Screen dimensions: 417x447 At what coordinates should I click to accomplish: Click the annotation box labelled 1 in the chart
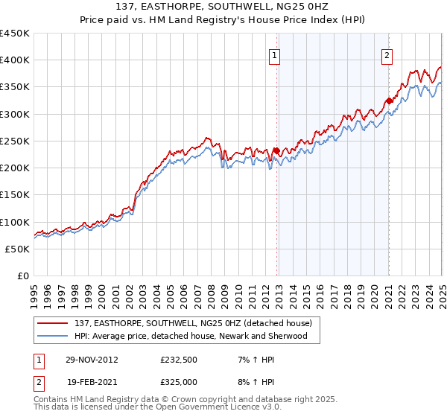[x=275, y=55]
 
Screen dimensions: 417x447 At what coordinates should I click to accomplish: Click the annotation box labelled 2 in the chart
[x=388, y=55]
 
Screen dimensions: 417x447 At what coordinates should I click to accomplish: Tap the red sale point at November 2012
[x=276, y=150]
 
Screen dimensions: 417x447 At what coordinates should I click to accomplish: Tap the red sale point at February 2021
[x=388, y=101]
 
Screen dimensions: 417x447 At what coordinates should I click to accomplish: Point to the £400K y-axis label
[x=15, y=60]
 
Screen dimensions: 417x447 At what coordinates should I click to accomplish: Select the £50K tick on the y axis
[x=18, y=249]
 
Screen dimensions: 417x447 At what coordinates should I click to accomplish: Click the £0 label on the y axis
[x=23, y=276]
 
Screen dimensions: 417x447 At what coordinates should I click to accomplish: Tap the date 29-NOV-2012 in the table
[x=91, y=360]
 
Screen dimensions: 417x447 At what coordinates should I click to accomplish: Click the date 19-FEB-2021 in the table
[x=91, y=382]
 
